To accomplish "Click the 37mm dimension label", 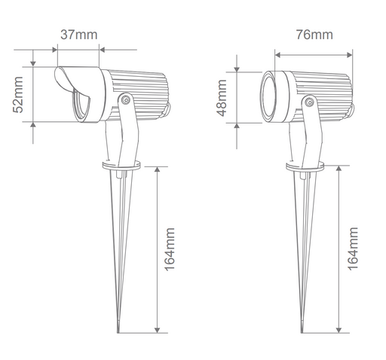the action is point(79,35).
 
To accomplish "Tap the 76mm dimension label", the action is point(314,35).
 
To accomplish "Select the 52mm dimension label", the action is point(18,95).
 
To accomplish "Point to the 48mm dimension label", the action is point(222,98).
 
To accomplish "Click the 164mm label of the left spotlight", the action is point(170,249).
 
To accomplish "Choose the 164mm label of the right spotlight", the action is point(353,249).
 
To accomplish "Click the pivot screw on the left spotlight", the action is point(125,100).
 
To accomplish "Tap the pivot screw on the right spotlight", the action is point(309,102).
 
